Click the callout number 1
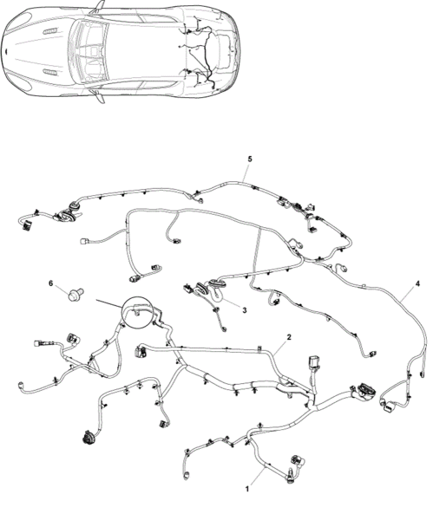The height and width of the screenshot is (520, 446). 246,489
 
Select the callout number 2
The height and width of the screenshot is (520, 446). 289,337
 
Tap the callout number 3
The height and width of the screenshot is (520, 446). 245,310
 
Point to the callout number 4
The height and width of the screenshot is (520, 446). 417,283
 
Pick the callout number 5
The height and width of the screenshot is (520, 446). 250,159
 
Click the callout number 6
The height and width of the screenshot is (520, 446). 51,283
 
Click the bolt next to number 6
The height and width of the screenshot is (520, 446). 75,294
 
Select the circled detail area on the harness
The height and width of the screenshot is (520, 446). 137,312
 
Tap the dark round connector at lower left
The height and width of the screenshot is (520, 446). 88,438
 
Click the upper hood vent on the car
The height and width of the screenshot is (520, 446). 49,31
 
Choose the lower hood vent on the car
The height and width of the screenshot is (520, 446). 49,72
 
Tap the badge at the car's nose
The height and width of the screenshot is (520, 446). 6,51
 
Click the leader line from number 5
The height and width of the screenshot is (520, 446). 246,172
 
